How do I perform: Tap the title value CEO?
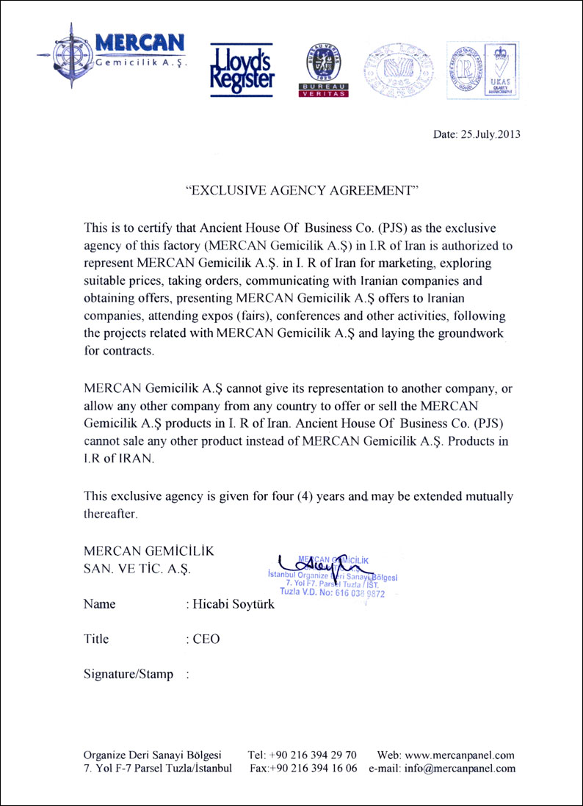(206, 639)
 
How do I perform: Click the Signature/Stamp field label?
(128, 675)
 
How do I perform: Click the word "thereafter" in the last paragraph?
(111, 514)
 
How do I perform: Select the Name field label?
(100, 605)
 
